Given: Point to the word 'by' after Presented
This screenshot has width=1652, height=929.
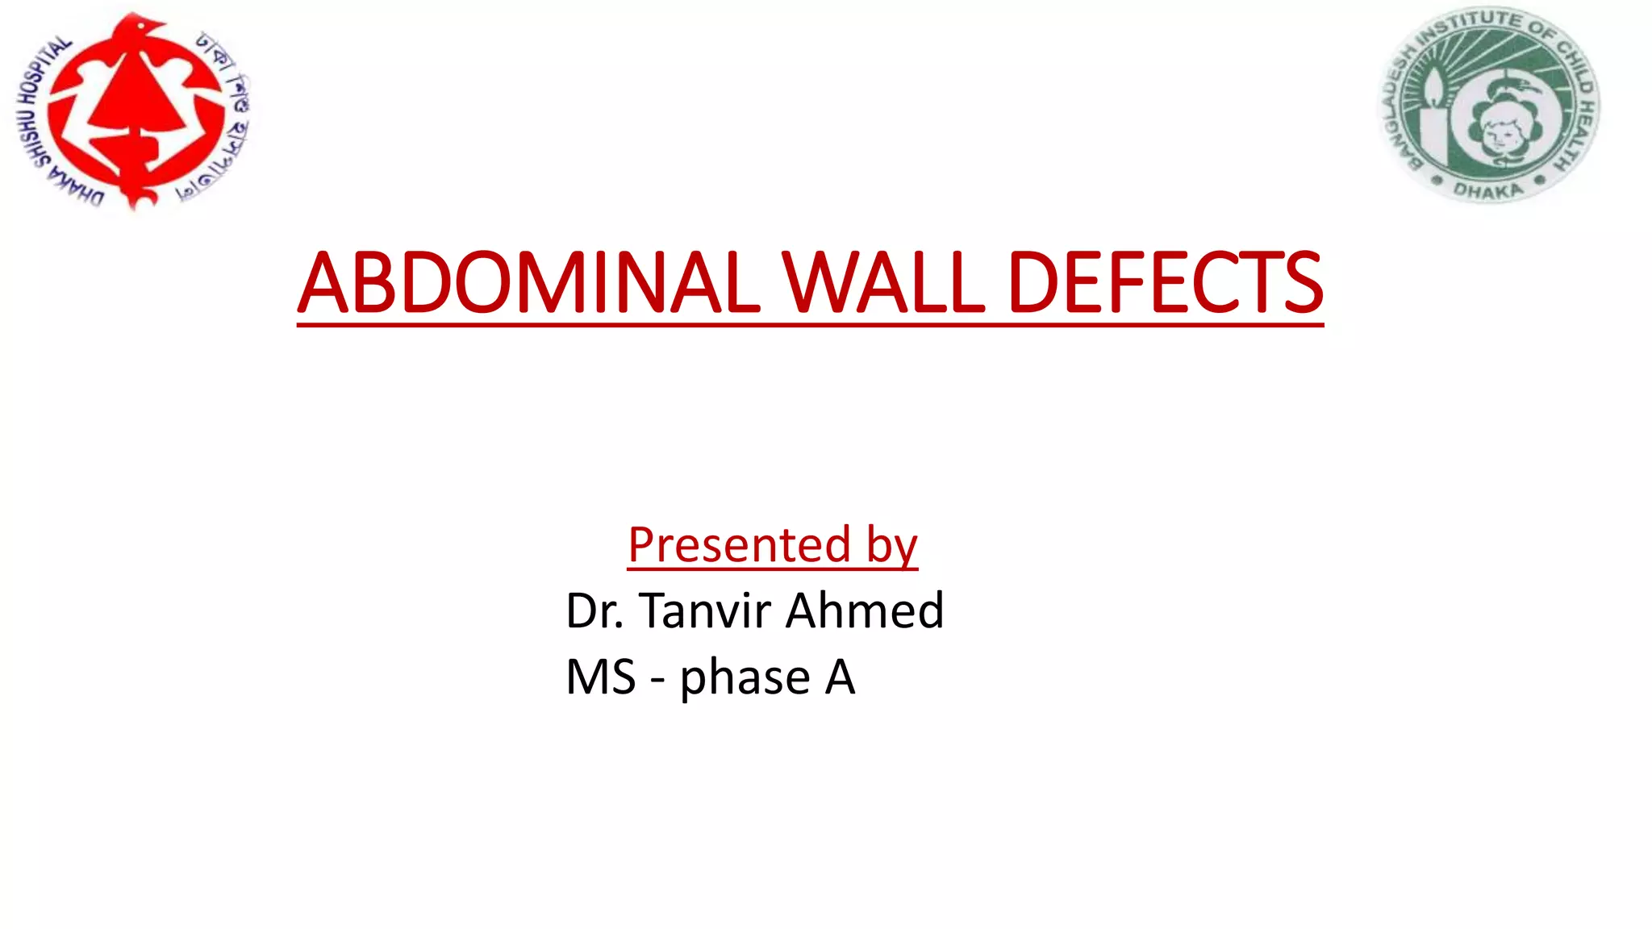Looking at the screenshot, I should point(892,547).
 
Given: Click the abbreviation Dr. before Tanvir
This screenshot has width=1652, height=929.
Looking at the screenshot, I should point(594,610).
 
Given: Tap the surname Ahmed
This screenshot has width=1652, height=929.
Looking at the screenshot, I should point(865,610).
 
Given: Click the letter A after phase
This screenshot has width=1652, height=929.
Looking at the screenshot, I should point(840,677).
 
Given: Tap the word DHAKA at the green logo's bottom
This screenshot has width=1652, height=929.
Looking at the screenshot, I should point(1488,190).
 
